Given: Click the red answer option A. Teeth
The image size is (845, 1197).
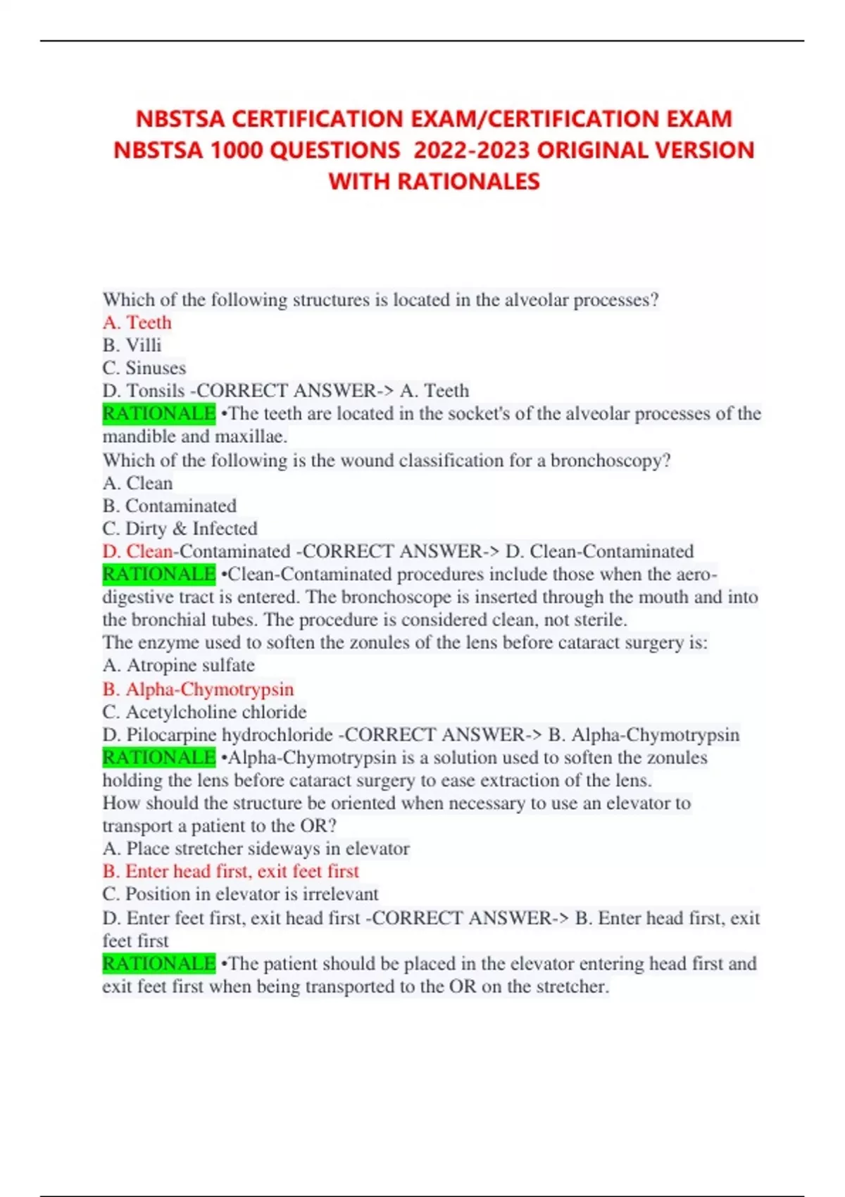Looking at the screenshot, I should (x=137, y=322).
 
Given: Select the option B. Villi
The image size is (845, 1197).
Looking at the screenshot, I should (x=132, y=345).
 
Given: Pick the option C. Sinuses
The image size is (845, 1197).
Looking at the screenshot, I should (x=144, y=368).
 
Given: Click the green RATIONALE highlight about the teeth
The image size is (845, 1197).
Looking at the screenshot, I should (x=159, y=413).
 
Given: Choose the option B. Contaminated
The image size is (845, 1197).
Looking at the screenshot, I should (x=170, y=506).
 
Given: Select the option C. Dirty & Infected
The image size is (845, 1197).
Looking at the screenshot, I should (x=180, y=528).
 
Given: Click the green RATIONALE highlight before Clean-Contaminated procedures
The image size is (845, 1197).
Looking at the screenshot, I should (x=159, y=574).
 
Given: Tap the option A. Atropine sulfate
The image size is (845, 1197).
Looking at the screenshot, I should (x=179, y=665).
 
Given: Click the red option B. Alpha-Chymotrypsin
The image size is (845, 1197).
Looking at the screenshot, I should (x=199, y=689).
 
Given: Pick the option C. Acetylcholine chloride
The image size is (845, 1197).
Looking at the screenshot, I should (x=205, y=711).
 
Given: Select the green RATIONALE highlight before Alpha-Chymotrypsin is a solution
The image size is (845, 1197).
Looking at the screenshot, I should (x=159, y=758).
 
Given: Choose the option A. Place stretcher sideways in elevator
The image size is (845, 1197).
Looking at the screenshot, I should (x=256, y=848).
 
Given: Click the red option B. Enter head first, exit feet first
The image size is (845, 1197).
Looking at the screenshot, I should (x=231, y=871).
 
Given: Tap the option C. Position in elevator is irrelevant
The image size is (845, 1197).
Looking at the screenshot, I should (x=241, y=894).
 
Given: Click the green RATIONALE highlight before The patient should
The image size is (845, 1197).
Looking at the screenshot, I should (x=159, y=963).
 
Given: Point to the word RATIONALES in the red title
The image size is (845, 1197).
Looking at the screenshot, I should (x=468, y=182).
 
